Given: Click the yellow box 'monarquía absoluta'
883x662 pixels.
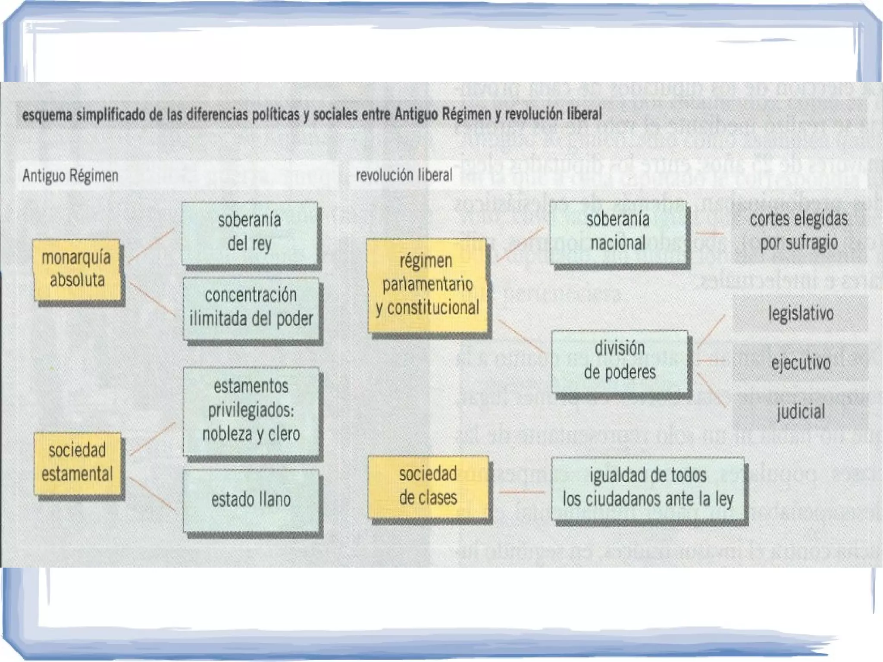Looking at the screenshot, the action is tap(77, 270).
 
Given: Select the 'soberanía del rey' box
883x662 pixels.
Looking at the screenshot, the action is tap(250, 232).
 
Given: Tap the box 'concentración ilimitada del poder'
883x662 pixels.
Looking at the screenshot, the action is tap(251, 307).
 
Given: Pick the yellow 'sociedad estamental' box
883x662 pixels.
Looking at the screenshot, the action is tap(77, 463).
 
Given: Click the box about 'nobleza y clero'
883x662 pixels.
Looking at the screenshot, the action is tap(251, 411).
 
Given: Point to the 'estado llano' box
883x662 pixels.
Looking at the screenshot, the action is tap(251, 500).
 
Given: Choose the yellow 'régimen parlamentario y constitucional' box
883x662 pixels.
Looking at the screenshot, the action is tap(427, 285).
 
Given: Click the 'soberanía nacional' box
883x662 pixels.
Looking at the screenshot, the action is tap(618, 232).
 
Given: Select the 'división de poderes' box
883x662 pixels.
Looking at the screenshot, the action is tap(620, 361).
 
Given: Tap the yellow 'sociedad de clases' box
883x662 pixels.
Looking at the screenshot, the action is tap(428, 486).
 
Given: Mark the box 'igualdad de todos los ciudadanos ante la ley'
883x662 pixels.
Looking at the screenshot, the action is tap(648, 488).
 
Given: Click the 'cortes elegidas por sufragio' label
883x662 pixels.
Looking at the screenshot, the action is tap(799, 231).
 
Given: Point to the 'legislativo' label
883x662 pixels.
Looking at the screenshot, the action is tap(801, 314).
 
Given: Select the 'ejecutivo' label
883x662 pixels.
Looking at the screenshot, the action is tap(801, 363).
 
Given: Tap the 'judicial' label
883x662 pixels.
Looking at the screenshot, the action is tap(801, 411).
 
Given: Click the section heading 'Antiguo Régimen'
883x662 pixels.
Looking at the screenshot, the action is tap(70, 176).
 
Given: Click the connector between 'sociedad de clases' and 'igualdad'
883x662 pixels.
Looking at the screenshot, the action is tap(521, 492).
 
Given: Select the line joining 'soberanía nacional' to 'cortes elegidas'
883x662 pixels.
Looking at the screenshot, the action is tap(709, 233).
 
